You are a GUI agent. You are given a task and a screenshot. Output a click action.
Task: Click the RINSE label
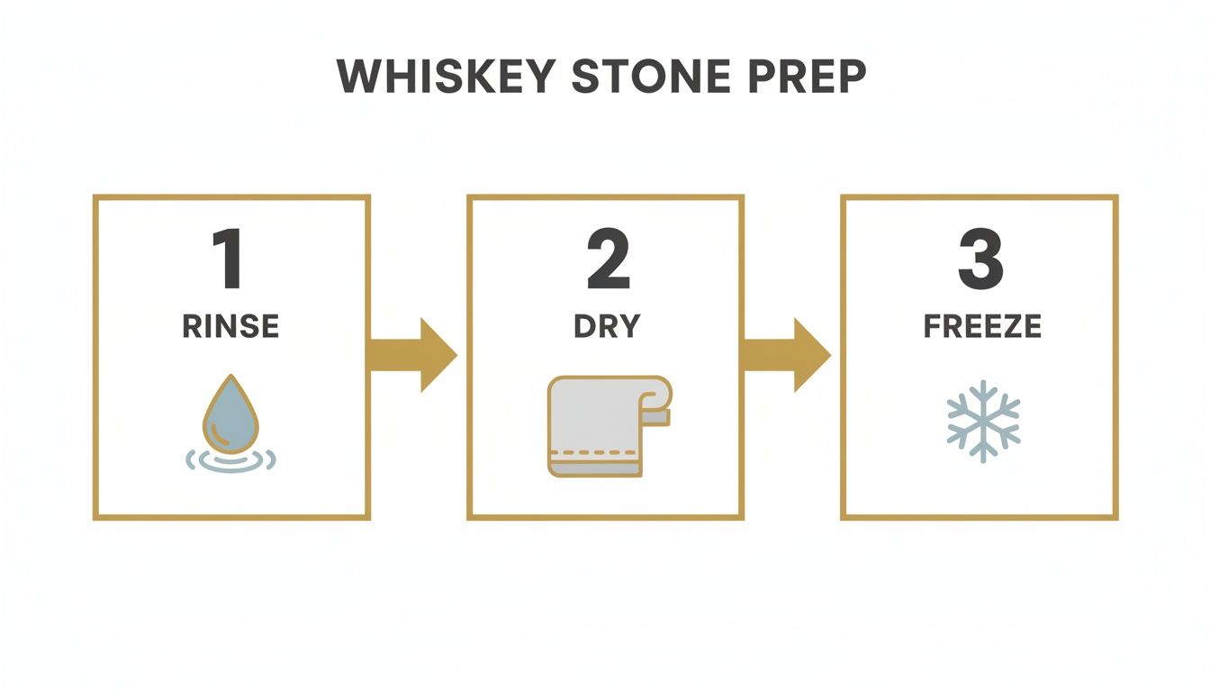point(230,326)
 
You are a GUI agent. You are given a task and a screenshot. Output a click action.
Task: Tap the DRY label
point(606,326)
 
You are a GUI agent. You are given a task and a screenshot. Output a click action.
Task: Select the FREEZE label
point(982,326)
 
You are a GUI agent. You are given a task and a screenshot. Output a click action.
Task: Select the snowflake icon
point(982,420)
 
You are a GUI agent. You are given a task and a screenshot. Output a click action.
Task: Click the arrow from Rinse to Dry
point(412,355)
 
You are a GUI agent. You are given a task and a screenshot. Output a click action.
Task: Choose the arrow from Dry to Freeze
point(786,355)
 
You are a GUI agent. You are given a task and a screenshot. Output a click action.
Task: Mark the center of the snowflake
point(982,420)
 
